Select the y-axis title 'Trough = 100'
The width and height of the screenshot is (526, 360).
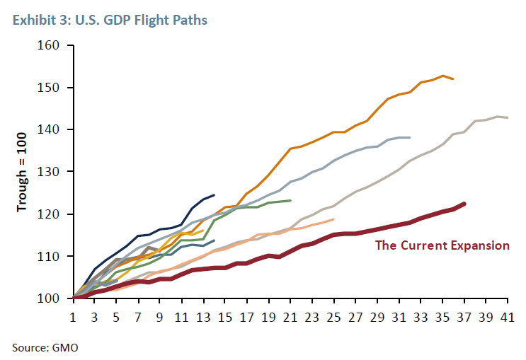(23, 172)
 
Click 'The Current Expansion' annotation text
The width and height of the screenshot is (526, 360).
(442, 245)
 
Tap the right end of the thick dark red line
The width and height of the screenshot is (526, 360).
(464, 204)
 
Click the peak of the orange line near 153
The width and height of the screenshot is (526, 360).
(442, 76)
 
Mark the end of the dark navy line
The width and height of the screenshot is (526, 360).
(215, 195)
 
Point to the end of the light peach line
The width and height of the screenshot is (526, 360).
(333, 219)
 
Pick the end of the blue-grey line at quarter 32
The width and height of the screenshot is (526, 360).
(410, 137)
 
